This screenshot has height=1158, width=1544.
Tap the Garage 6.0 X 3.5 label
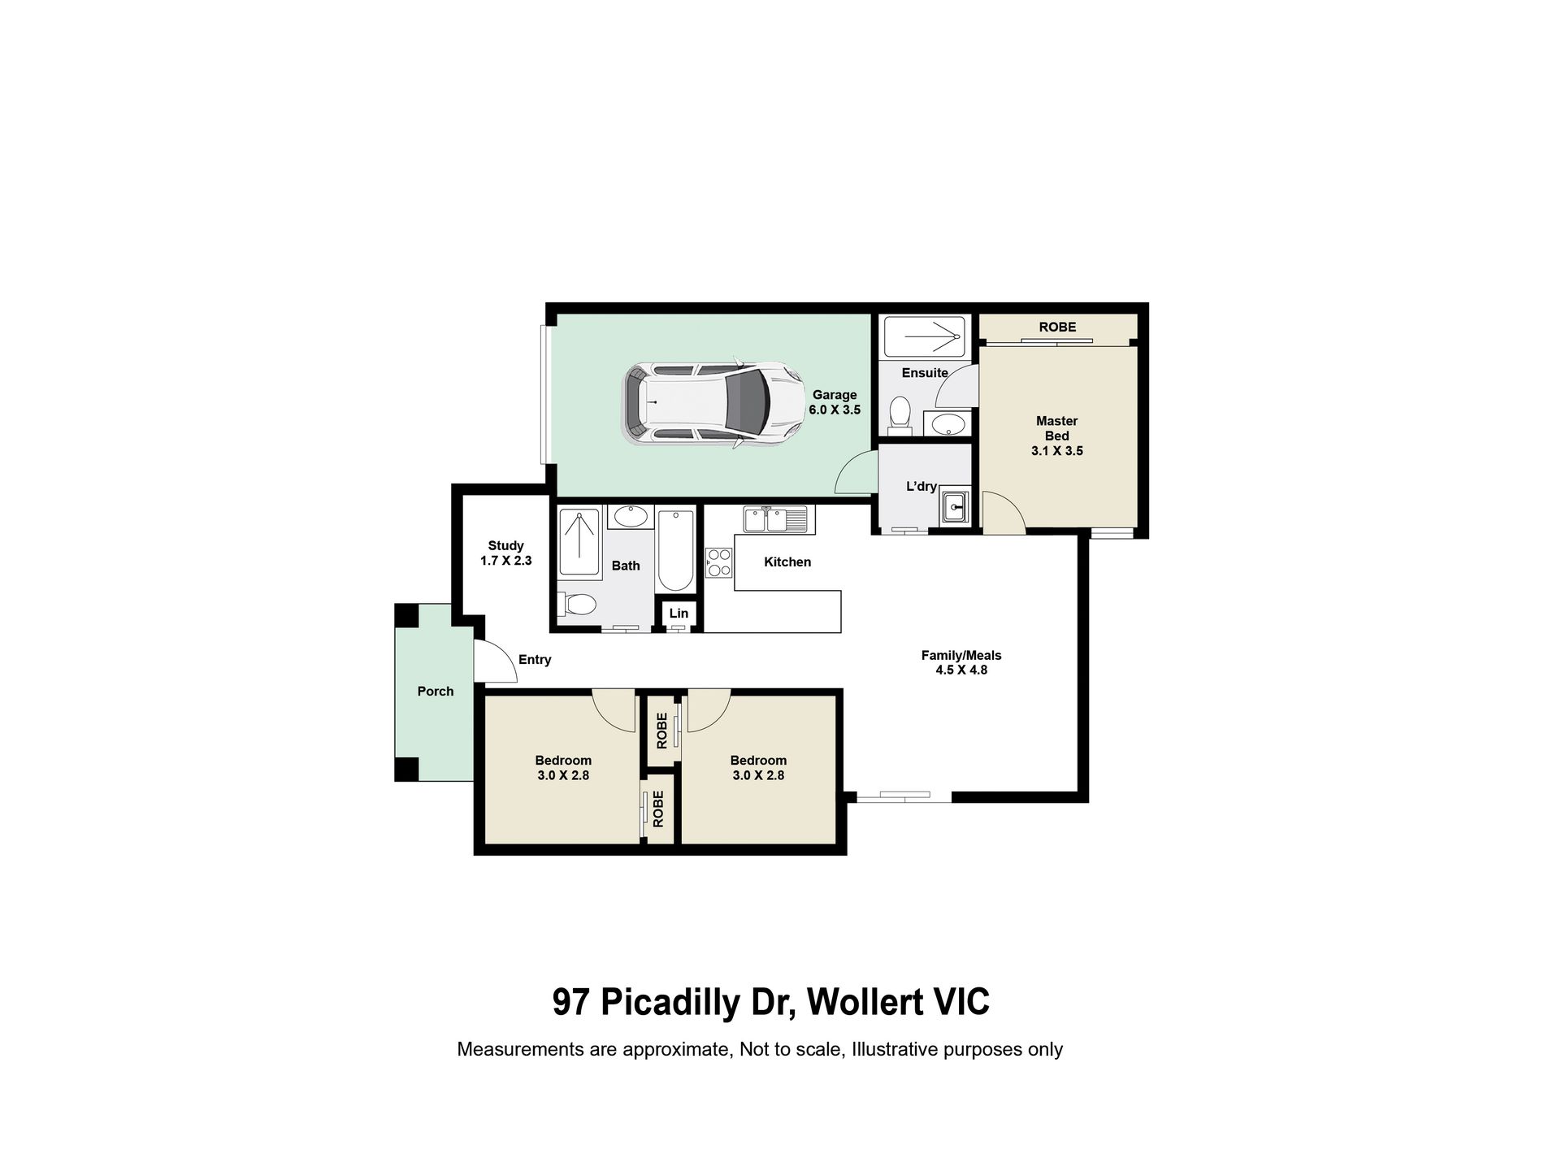pyautogui.click(x=834, y=402)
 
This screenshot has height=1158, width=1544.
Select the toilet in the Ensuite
pyautogui.click(x=900, y=411)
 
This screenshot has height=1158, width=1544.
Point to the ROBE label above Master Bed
pyautogui.click(x=1057, y=327)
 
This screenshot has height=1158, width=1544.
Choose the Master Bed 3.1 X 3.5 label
pyautogui.click(x=1057, y=436)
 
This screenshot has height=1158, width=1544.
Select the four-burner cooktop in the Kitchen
pyautogui.click(x=719, y=562)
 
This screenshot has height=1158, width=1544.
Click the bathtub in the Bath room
pyautogui.click(x=676, y=551)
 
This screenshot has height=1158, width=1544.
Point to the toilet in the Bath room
pyautogui.click(x=577, y=605)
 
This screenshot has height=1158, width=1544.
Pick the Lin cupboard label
pyautogui.click(x=679, y=613)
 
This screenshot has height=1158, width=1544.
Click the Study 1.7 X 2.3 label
pyautogui.click(x=505, y=553)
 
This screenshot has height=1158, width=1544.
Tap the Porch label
pyautogui.click(x=436, y=692)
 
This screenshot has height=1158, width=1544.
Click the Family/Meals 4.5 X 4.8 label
pyautogui.click(x=961, y=662)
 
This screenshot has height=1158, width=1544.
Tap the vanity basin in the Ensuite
pyautogui.click(x=946, y=423)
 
